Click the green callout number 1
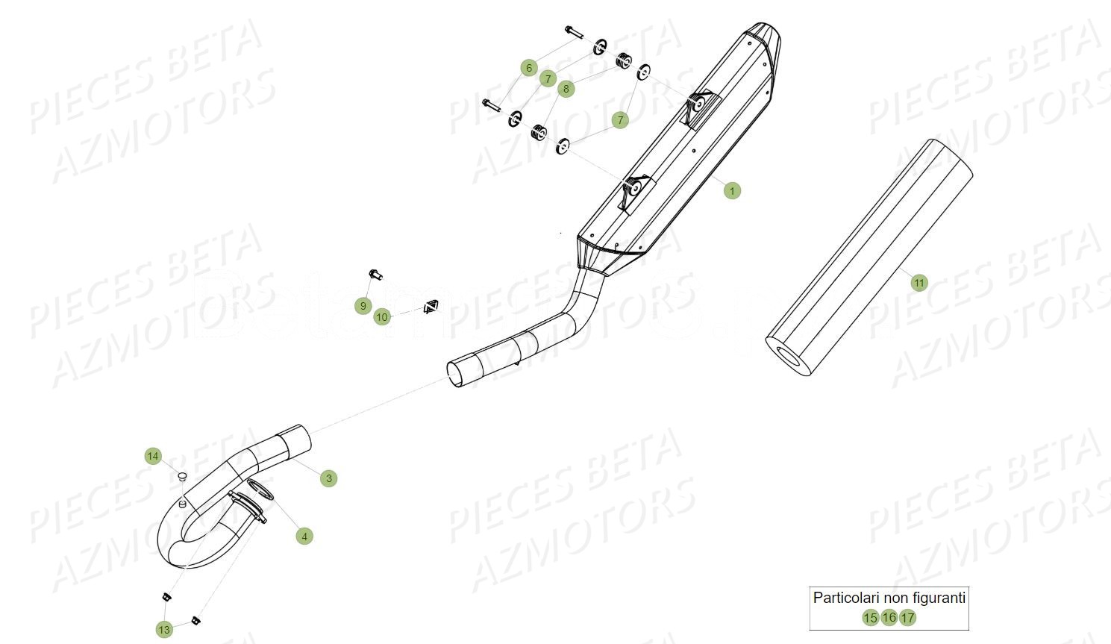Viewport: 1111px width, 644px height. (x=732, y=191)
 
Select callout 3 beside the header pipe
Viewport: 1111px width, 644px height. (x=329, y=478)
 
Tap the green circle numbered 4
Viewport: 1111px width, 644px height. (x=304, y=536)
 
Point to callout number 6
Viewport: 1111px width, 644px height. (x=529, y=68)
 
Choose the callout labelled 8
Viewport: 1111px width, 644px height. (x=566, y=89)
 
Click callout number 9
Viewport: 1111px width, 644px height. (x=363, y=305)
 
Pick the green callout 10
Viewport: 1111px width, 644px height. (x=382, y=317)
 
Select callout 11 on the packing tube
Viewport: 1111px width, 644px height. (x=918, y=283)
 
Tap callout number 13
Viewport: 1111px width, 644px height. (x=164, y=629)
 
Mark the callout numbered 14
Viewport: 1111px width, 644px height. (x=153, y=456)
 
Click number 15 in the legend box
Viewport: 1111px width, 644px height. (x=870, y=618)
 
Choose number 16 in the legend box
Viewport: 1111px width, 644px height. (x=889, y=617)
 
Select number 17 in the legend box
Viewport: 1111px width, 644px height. (x=907, y=618)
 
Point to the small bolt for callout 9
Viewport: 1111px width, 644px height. (x=375, y=274)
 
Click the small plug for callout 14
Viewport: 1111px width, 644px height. (x=181, y=475)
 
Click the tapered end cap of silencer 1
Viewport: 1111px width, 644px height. (x=767, y=39)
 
